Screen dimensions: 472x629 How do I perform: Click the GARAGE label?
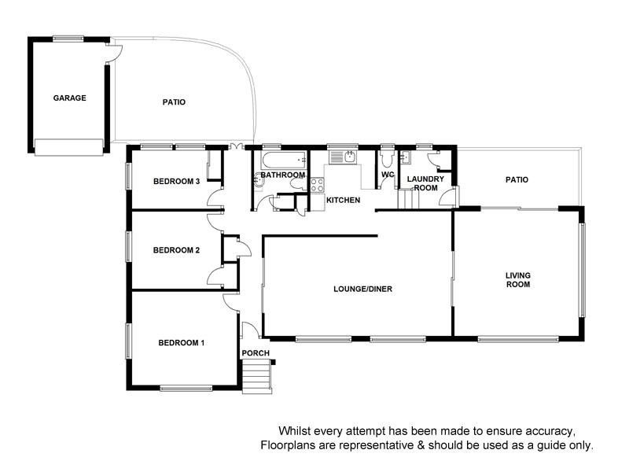69,98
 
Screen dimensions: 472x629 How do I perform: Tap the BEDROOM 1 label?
181,342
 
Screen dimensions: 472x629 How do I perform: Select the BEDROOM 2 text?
176,250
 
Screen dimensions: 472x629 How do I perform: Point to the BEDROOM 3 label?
176,181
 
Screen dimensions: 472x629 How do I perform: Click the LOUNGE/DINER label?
362,289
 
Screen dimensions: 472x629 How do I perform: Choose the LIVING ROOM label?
518,279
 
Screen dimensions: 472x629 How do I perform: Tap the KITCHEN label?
344,201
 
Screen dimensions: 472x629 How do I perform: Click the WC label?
387,175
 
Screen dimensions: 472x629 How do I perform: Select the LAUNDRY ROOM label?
425,183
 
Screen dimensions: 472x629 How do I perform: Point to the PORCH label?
256,352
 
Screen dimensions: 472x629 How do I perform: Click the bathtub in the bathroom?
282,161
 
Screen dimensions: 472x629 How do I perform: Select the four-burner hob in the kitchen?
318,186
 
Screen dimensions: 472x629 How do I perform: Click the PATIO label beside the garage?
174,102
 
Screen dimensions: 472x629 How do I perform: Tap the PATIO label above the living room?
517,180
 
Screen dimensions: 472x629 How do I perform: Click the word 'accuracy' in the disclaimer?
554,431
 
